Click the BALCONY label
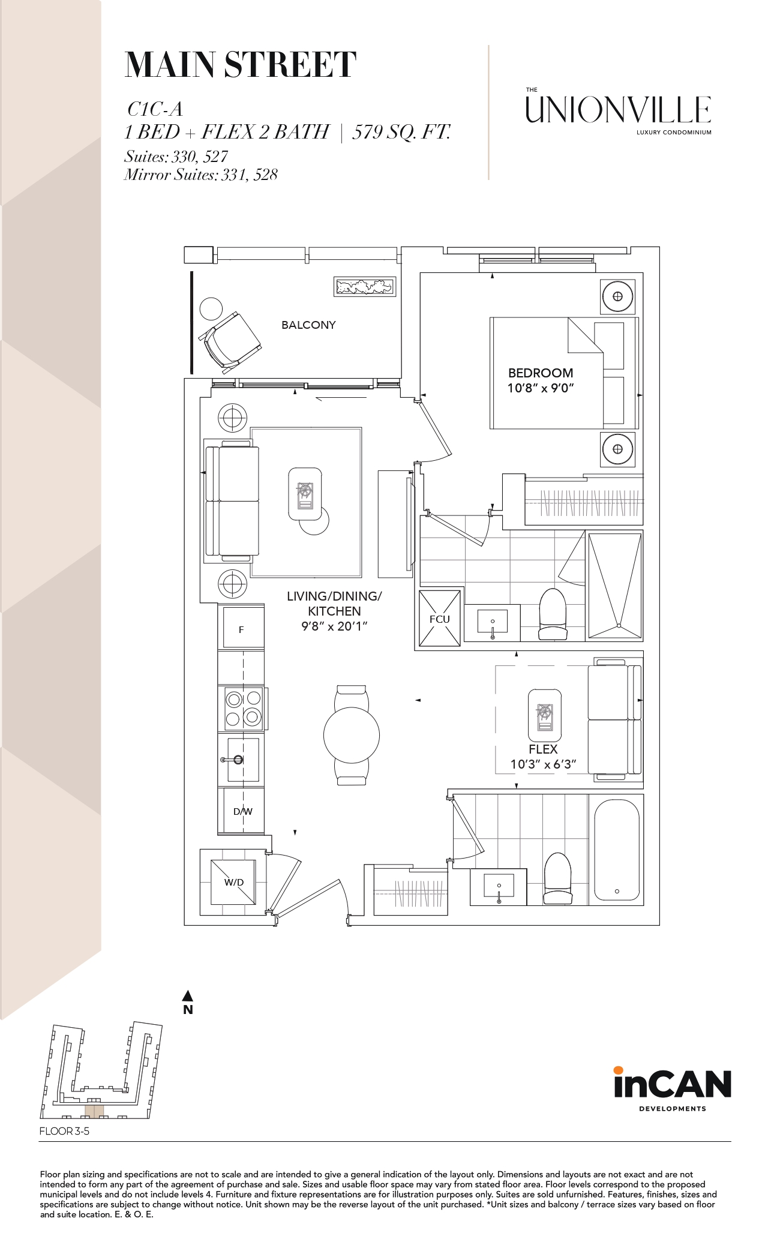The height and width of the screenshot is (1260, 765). pos(308,325)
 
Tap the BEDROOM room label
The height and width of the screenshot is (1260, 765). pos(541,373)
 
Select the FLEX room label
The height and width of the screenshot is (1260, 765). pos(543,749)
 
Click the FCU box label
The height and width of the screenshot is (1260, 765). pos(440,619)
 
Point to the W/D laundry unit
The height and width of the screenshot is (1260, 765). pos(233,882)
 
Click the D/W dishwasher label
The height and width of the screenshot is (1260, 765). pos(243,811)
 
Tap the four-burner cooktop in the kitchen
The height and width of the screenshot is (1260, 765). pos(244,708)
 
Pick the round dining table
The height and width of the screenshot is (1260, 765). pos(352,735)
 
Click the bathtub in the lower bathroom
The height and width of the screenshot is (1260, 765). pos(617,850)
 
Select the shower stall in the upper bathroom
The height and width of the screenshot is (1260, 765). pos(615,586)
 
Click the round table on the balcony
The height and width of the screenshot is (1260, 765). pos(211,309)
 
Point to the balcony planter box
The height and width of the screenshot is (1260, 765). pos(365,287)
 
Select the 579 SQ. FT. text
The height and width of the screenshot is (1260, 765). pos(401,132)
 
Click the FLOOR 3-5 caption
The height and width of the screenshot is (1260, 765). pos(64,1131)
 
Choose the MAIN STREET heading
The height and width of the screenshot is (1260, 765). pos(241,65)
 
